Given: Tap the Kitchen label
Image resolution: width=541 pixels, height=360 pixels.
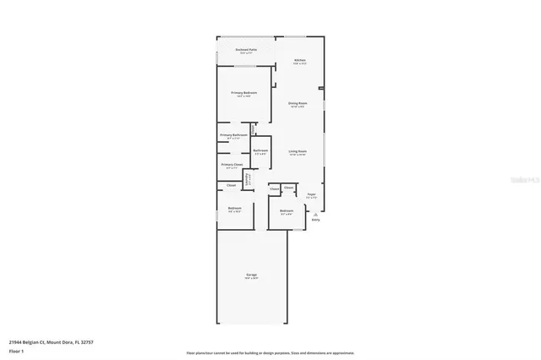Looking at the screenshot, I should pos(300,61).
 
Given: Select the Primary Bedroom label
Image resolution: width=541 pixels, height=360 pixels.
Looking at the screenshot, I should pos(244,93).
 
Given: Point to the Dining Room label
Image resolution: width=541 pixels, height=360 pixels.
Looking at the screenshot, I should pos(298,103).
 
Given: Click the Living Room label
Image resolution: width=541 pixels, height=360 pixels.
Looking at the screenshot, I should pos(298,151).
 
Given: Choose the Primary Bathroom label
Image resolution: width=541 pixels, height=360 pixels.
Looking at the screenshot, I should pos(233,135).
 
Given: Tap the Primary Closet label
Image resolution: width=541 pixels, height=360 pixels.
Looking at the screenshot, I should pos(232,164).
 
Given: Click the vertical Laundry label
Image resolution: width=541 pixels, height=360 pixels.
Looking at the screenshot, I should pos(247,178).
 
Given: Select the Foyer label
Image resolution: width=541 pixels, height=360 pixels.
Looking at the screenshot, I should pos(311,194).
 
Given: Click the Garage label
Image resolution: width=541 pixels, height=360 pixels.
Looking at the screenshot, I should pos(251,275).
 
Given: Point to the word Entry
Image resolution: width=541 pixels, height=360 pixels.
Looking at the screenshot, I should pos(315,220).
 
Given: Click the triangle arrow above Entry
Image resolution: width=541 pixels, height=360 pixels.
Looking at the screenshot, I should pos(315,215).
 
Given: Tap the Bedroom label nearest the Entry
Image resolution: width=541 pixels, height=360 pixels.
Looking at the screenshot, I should pos(287,210).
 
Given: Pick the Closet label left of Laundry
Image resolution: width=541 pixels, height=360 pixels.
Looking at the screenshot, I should pos(232,184).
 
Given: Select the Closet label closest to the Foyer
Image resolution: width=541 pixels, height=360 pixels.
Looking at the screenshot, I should pos(288,188).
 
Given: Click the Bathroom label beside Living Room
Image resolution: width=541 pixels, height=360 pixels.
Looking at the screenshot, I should pos(260,150).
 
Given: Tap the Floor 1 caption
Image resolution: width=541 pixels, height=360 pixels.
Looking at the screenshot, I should pos(16,349).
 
